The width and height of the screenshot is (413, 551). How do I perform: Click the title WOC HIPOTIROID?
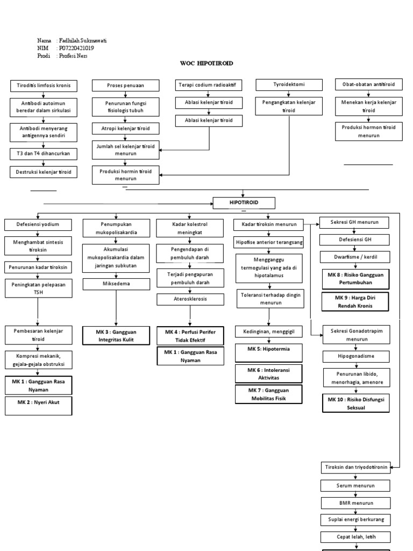[206, 63]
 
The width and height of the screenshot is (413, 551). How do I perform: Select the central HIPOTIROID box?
[244, 202]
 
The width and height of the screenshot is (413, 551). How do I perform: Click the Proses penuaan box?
[126, 86]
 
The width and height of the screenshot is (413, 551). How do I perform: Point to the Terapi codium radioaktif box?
[209, 85]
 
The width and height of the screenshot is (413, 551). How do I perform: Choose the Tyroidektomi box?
[289, 84]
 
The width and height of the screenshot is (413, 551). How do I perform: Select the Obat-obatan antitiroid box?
[368, 85]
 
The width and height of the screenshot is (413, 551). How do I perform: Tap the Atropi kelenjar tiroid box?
[126, 129]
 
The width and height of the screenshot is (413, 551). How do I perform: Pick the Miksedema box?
[116, 284]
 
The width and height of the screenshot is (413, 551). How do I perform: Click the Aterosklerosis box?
[190, 299]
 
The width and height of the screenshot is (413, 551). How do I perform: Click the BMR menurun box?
[355, 503]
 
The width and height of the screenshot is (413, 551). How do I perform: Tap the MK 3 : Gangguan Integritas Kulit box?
[116, 336]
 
